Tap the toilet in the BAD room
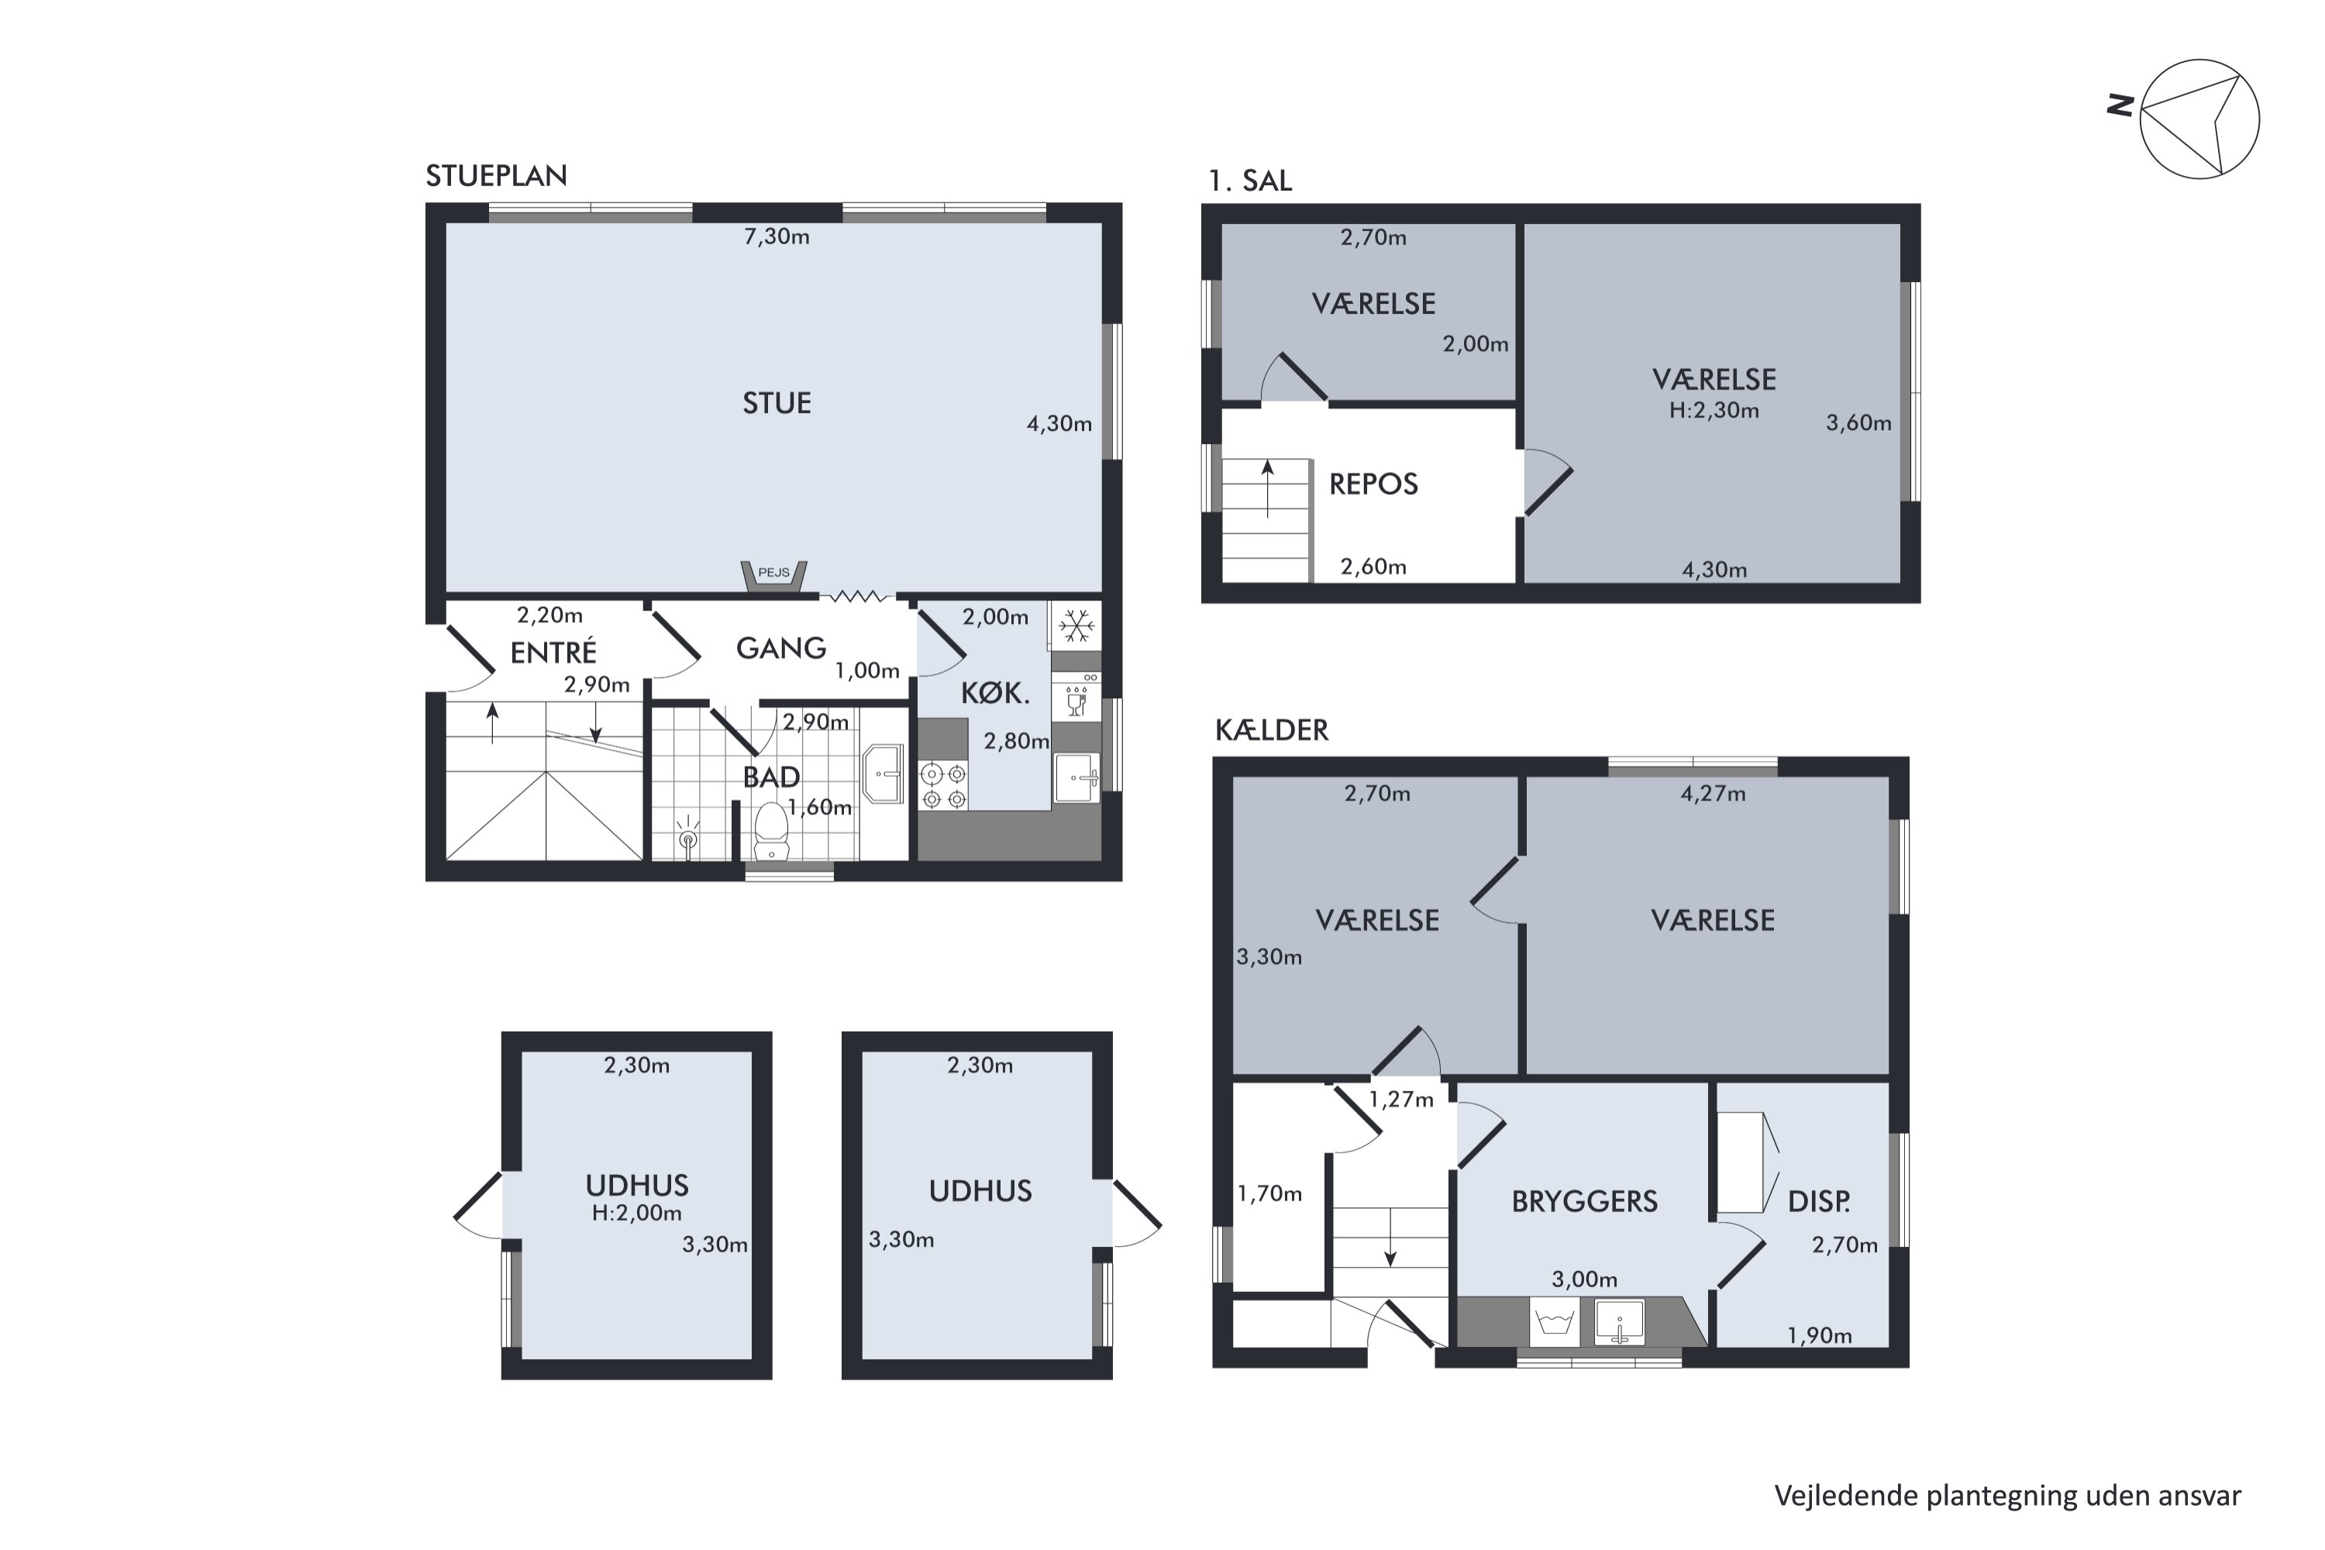click(771, 830)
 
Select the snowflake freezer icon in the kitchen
click(1076, 625)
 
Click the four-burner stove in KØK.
click(944, 786)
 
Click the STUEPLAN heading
click(496, 176)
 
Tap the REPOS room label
click(1373, 484)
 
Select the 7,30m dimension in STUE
click(777, 237)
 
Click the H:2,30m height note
click(1714, 410)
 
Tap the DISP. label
click(1819, 1202)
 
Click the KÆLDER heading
click(1271, 731)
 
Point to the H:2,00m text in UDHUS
click(636, 1213)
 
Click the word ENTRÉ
click(553, 653)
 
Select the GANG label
click(781, 649)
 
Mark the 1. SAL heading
click(1249, 181)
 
